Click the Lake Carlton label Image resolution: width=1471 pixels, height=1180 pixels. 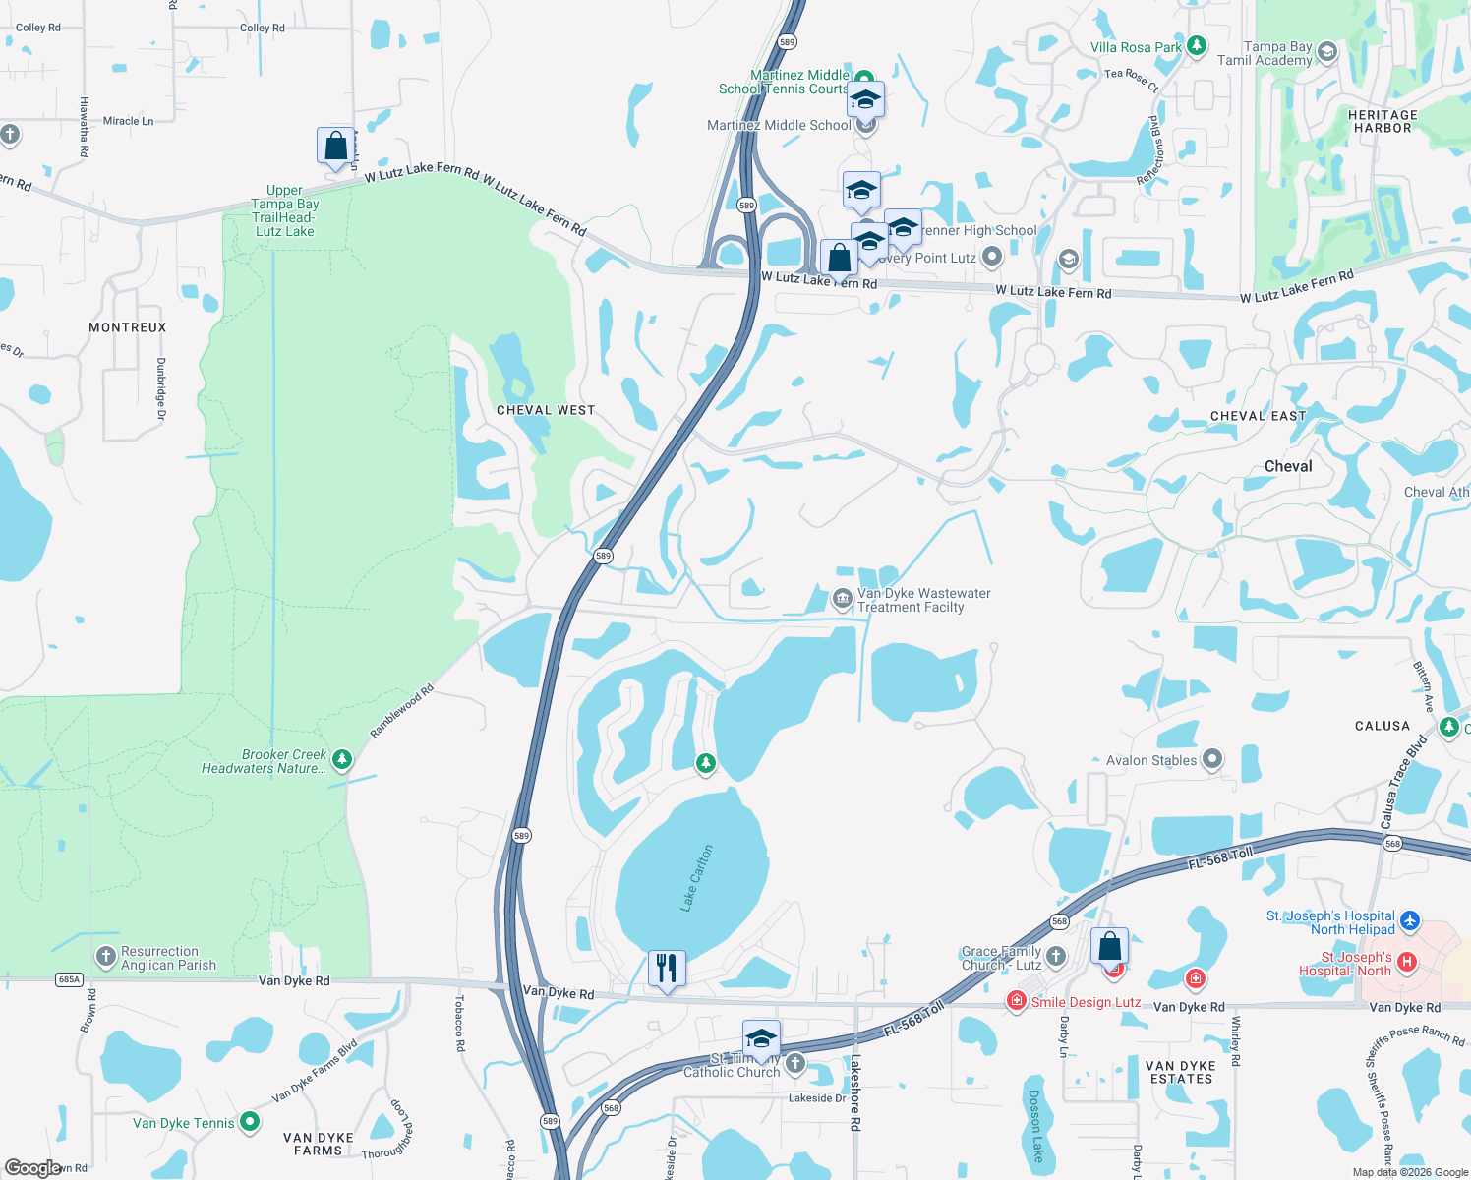(x=697, y=877)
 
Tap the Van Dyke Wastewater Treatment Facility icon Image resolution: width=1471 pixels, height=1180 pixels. (x=842, y=598)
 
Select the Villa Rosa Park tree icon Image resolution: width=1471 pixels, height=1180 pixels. (x=1196, y=46)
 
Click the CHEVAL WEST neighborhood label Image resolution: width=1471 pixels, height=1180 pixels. (x=546, y=410)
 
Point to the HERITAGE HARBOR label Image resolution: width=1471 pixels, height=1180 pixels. (x=1383, y=121)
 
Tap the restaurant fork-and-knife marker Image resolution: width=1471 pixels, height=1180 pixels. (x=667, y=969)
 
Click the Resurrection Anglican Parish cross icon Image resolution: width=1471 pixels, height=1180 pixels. (x=106, y=956)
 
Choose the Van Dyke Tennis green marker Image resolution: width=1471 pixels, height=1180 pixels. (x=250, y=1121)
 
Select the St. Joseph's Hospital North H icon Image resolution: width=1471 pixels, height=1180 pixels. (x=1407, y=962)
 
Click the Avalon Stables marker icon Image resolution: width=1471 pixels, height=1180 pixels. (x=1212, y=758)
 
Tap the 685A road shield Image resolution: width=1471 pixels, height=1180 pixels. (x=70, y=979)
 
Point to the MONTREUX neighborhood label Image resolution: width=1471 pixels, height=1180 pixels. (x=128, y=327)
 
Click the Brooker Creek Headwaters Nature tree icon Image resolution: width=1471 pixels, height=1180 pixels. (x=341, y=759)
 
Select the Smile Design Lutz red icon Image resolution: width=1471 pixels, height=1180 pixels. (x=1016, y=1001)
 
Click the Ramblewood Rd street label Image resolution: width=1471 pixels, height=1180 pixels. (x=401, y=711)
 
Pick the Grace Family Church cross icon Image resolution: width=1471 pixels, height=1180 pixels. (x=1056, y=955)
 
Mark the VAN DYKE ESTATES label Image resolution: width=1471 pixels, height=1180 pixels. (x=1181, y=1072)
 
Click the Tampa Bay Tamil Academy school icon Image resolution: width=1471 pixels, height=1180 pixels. (x=1326, y=51)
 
